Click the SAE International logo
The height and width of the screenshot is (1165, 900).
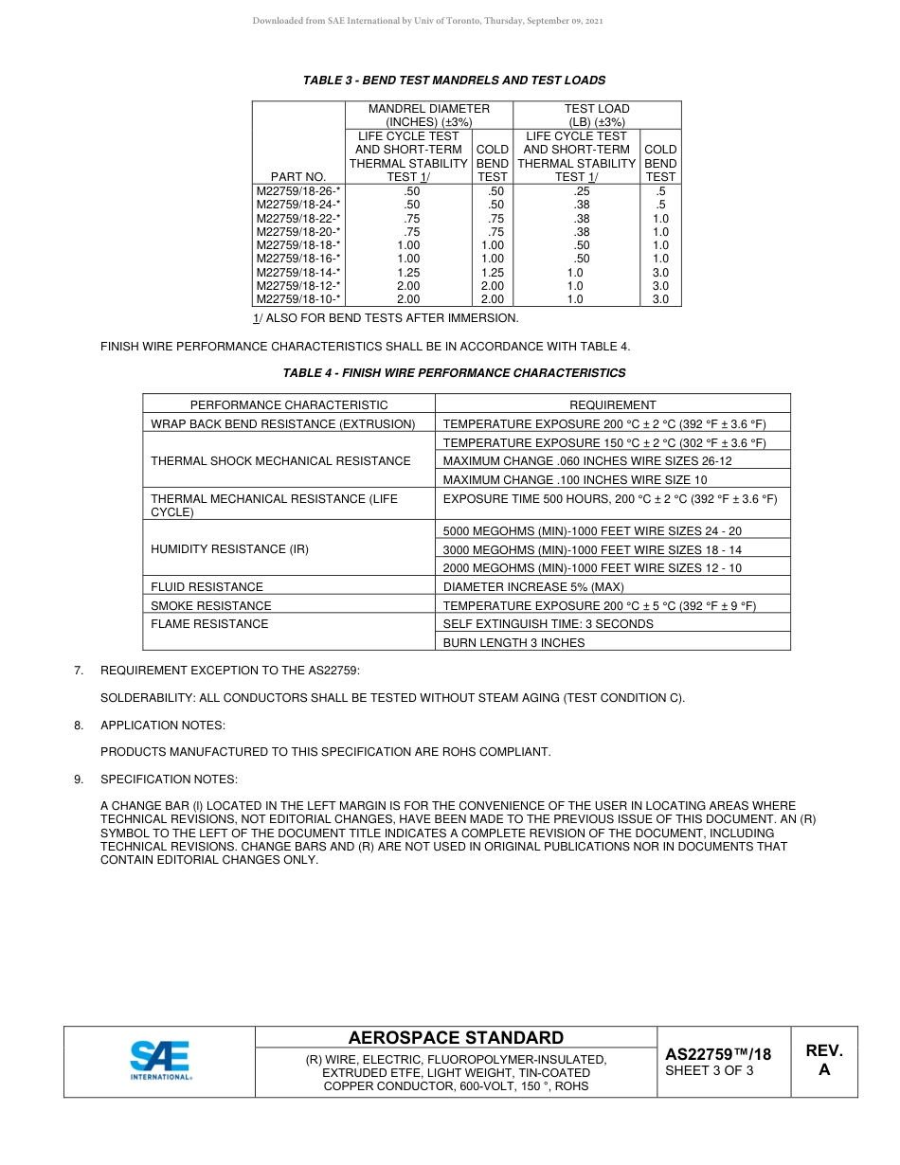coord(160,1061)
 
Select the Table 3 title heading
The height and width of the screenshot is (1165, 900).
coord(454,81)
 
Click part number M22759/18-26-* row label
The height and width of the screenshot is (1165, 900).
coord(298,190)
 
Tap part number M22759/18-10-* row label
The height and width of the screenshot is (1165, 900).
coord(298,299)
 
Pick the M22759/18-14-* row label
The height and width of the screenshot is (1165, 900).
coord(298,272)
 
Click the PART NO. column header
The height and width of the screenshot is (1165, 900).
coord(297,176)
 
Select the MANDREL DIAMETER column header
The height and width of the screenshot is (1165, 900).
coord(428,116)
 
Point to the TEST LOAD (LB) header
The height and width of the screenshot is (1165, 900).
coord(597,116)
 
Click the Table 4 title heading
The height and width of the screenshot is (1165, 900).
coord(454,373)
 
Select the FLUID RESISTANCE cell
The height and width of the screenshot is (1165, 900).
coord(207,587)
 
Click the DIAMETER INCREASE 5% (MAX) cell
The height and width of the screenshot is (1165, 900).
coord(533,587)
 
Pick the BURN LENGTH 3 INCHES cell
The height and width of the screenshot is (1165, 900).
coord(514,642)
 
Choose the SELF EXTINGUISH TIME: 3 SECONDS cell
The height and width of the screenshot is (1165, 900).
coord(548,624)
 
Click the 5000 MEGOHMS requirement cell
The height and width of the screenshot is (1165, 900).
coord(592,530)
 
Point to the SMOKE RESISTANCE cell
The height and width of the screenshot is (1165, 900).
coord(211,605)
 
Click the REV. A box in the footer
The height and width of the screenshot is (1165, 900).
coord(823,1061)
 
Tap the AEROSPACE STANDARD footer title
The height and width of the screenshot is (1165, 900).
coord(456,1038)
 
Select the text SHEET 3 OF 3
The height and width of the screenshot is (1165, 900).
coord(710,1071)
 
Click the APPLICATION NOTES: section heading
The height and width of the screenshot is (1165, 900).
coord(163,726)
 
